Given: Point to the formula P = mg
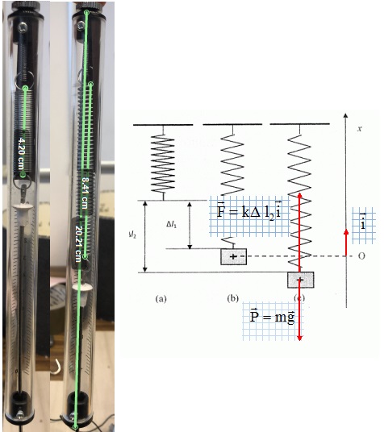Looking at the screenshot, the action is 272,316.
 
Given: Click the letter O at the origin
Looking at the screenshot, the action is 361,256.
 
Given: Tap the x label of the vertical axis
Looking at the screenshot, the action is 359,128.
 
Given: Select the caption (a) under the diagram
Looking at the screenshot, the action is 161,298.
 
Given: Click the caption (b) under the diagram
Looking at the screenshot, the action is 232,298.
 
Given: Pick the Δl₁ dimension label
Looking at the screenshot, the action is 171,225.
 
